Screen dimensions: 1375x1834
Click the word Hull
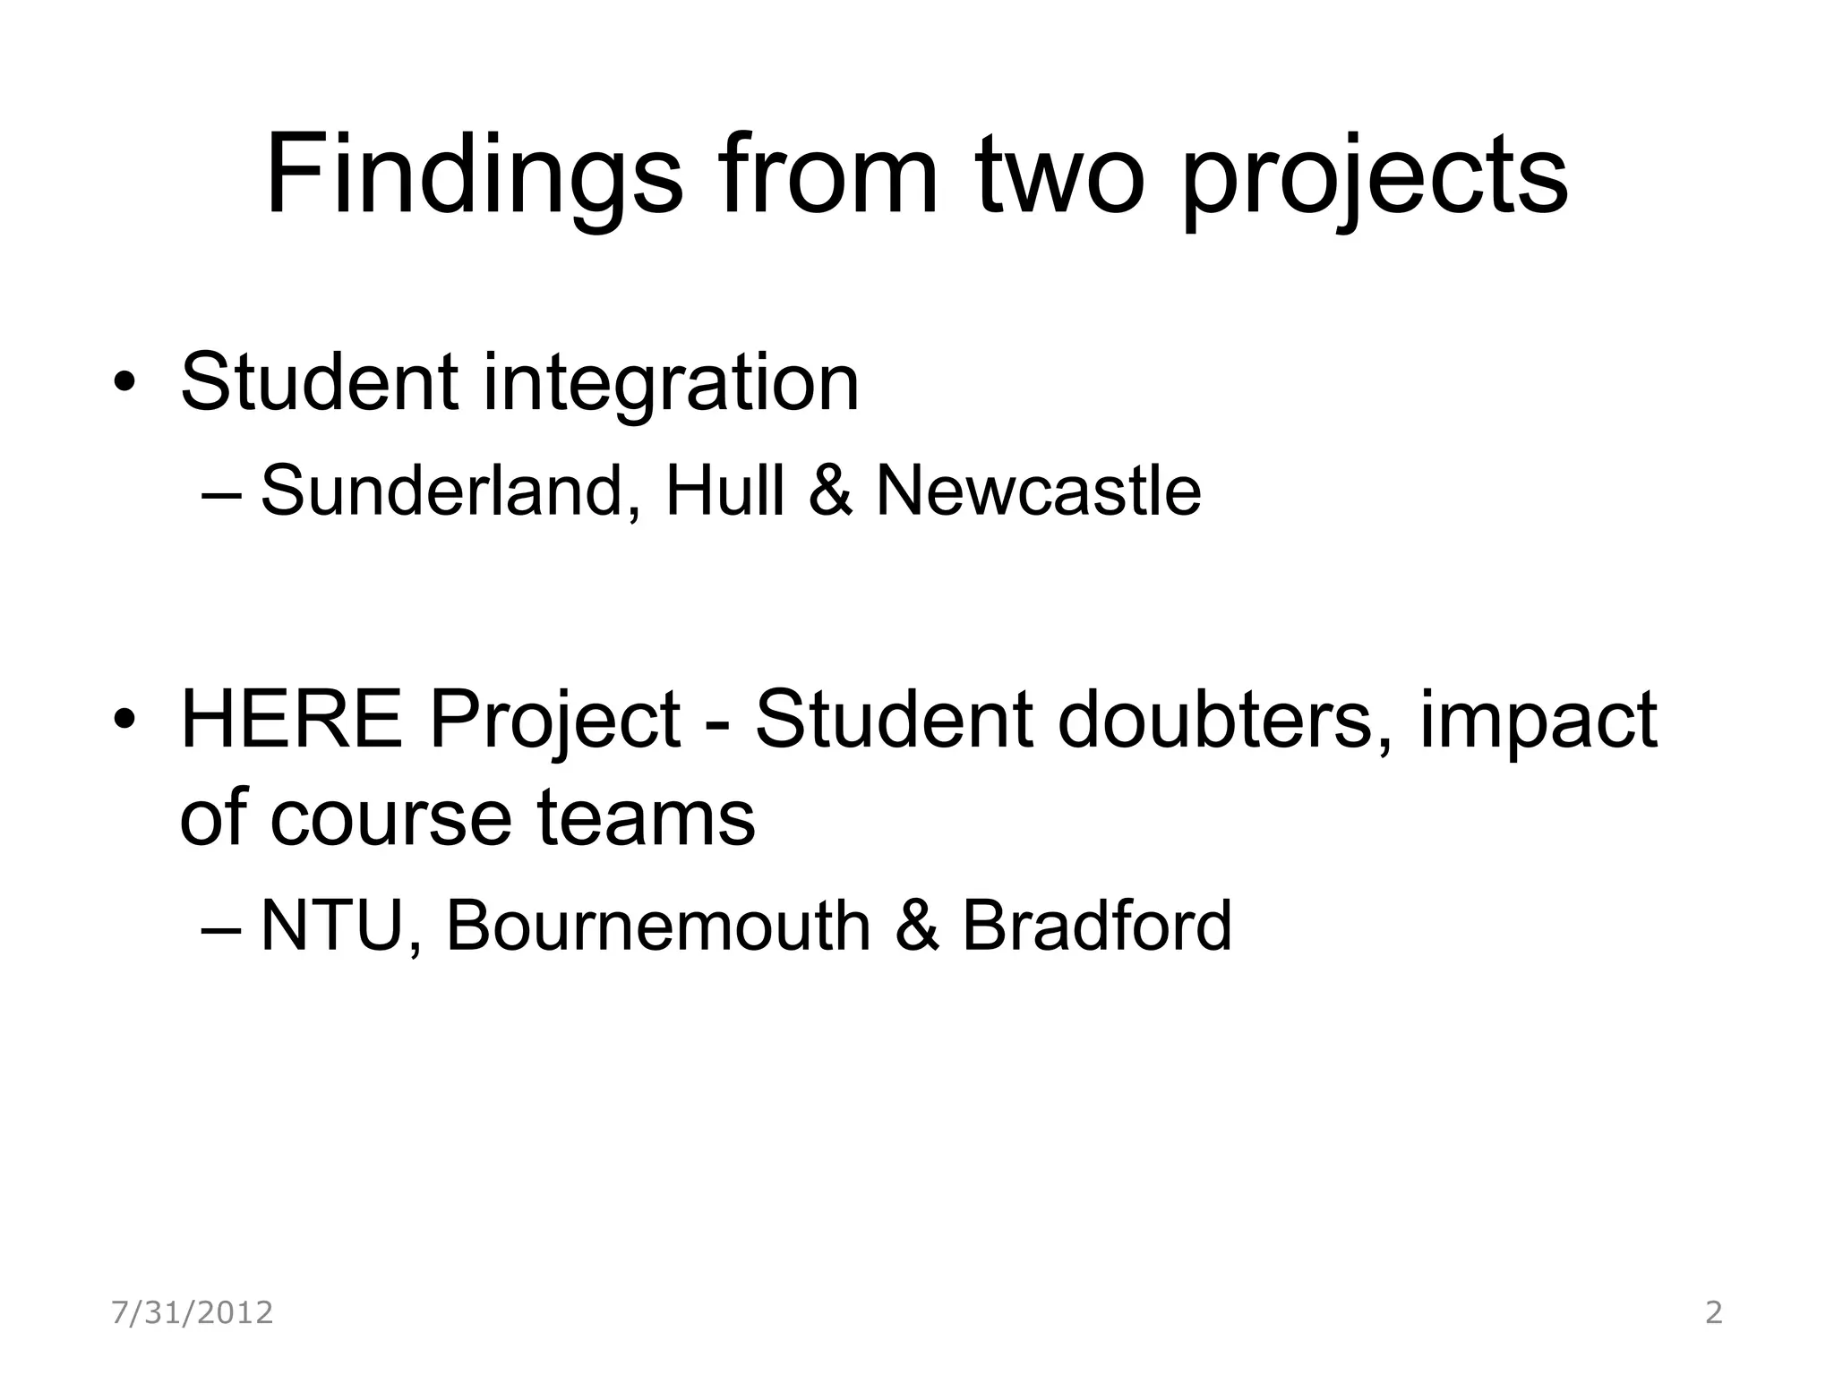pyautogui.click(x=724, y=491)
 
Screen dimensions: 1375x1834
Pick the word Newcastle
pyautogui.click(x=1038, y=491)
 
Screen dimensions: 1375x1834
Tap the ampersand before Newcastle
pyautogui.click(x=830, y=491)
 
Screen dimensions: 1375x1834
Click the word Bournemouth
pyautogui.click(x=658, y=926)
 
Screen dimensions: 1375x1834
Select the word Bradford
pyautogui.click(x=1097, y=926)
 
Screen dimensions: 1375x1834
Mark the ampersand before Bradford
pyautogui.click(x=917, y=926)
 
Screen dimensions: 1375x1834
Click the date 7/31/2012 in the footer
pyautogui.click(x=193, y=1312)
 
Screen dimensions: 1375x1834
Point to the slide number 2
pyautogui.click(x=1713, y=1312)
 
